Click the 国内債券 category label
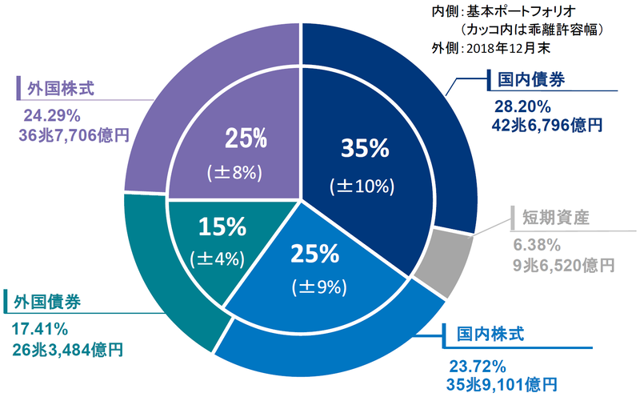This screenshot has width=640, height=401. click(x=531, y=79)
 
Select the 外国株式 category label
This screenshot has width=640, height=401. click(x=61, y=89)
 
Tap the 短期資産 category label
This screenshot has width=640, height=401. click(x=556, y=217)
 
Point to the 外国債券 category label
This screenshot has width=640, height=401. click(x=47, y=303)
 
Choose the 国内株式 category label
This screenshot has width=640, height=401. click(x=490, y=335)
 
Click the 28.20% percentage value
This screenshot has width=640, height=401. click(x=522, y=107)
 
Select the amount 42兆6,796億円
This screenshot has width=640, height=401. click(x=547, y=126)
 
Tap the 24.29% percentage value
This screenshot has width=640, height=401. click(x=52, y=116)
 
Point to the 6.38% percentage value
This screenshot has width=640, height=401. click(x=537, y=246)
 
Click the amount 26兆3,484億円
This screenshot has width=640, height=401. click(x=68, y=351)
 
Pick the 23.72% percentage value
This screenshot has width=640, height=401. click(x=478, y=367)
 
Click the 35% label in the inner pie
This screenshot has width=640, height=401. click(x=365, y=148)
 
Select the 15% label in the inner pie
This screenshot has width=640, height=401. click(x=222, y=227)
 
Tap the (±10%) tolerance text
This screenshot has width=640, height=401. click(x=362, y=186)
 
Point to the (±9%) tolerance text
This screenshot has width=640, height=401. click(x=319, y=287)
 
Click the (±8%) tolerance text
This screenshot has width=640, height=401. click(x=234, y=173)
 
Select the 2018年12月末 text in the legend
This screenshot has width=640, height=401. click(x=508, y=49)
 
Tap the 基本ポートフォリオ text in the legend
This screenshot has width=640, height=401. click(x=522, y=11)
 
